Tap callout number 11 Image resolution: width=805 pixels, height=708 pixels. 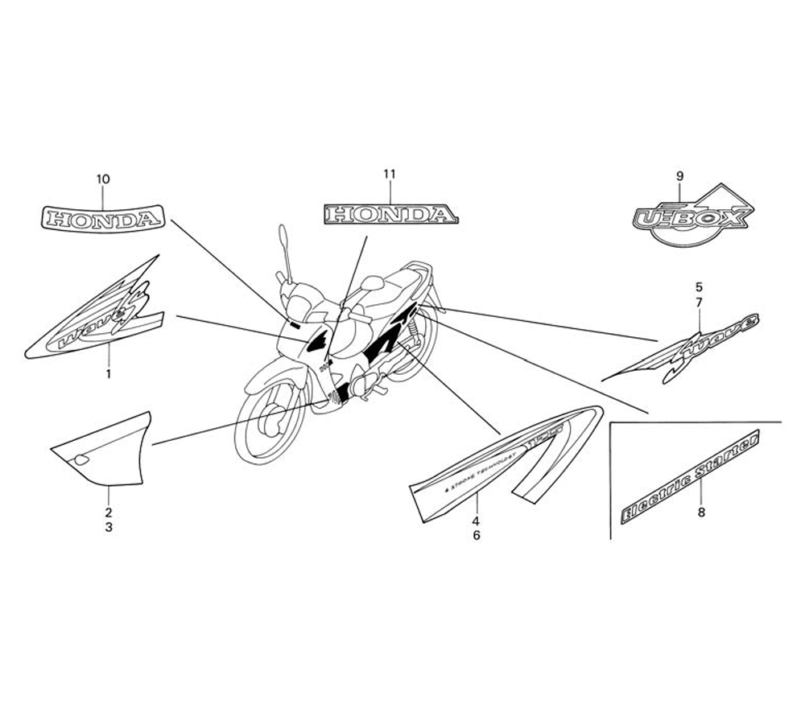point(390,174)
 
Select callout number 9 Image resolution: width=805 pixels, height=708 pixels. point(679,175)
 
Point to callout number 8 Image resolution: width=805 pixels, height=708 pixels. point(700,512)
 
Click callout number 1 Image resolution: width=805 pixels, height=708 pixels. point(109,374)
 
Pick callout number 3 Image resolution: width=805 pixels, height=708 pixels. point(109,528)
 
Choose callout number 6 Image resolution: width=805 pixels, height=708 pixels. point(476,534)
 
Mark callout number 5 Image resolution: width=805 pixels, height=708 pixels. point(698,286)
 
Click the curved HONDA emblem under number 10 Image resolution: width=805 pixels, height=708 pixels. point(102,217)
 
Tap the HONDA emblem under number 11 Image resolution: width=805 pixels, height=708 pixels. point(390,214)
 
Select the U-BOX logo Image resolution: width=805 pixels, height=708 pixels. point(691,218)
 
